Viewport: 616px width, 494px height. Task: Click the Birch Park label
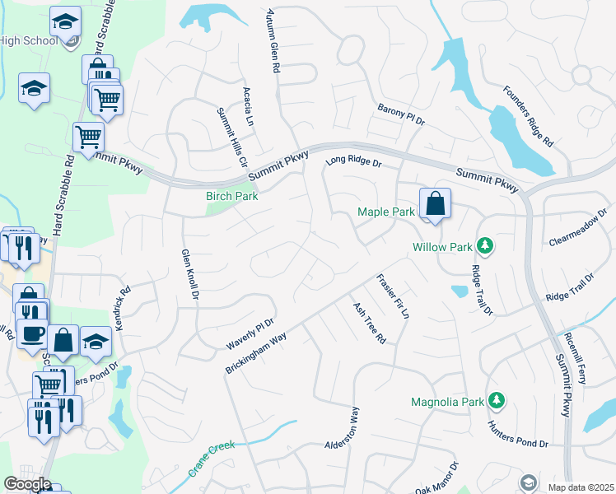[231, 196]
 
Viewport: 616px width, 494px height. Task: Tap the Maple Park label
[386, 212]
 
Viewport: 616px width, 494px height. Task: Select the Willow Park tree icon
[486, 245]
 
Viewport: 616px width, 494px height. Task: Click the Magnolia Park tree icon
[496, 401]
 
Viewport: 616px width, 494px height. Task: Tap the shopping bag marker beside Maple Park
[435, 205]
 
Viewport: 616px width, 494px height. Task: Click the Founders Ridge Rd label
[528, 116]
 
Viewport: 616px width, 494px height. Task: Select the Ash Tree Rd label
[369, 322]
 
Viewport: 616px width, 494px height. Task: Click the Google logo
[26, 484]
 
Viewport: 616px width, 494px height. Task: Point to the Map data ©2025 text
[581, 487]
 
